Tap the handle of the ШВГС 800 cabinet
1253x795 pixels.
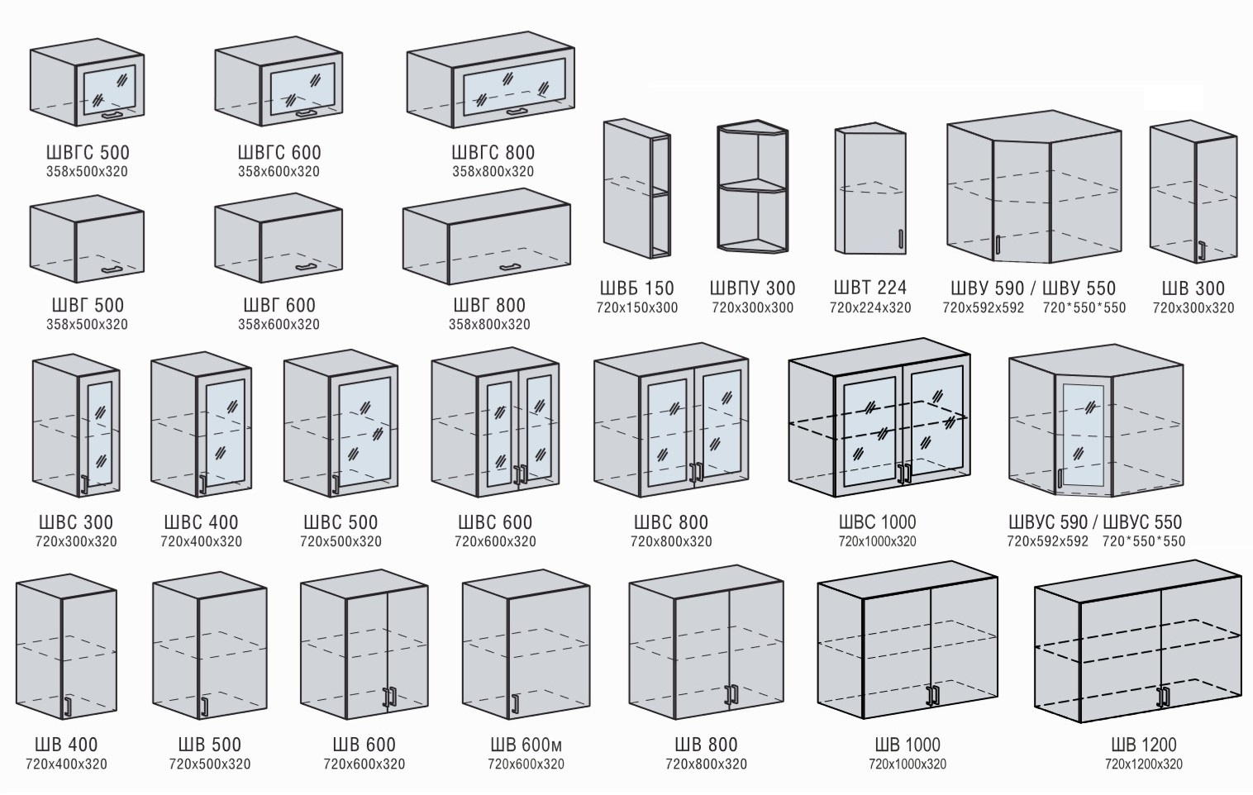pyautogui.click(x=518, y=111)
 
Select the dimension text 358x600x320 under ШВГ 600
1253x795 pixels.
pyautogui.click(x=279, y=324)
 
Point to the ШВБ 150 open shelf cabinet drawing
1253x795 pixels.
pyautogui.click(x=636, y=189)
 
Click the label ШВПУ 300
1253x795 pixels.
pyautogui.click(x=752, y=288)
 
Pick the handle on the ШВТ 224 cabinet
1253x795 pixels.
pyautogui.click(x=900, y=239)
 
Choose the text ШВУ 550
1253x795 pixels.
pyautogui.click(x=1079, y=288)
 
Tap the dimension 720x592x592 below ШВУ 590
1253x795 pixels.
pyautogui.click(x=983, y=307)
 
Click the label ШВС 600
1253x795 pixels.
pyautogui.click(x=495, y=522)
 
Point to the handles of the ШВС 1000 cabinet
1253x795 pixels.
pyautogui.click(x=905, y=473)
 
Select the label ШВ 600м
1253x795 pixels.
pyautogui.click(x=526, y=745)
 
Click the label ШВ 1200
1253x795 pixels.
pyautogui.click(x=1143, y=745)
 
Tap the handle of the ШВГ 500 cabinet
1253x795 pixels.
pyautogui.click(x=111, y=270)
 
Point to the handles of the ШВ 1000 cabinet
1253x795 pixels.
pyautogui.click(x=933, y=695)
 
